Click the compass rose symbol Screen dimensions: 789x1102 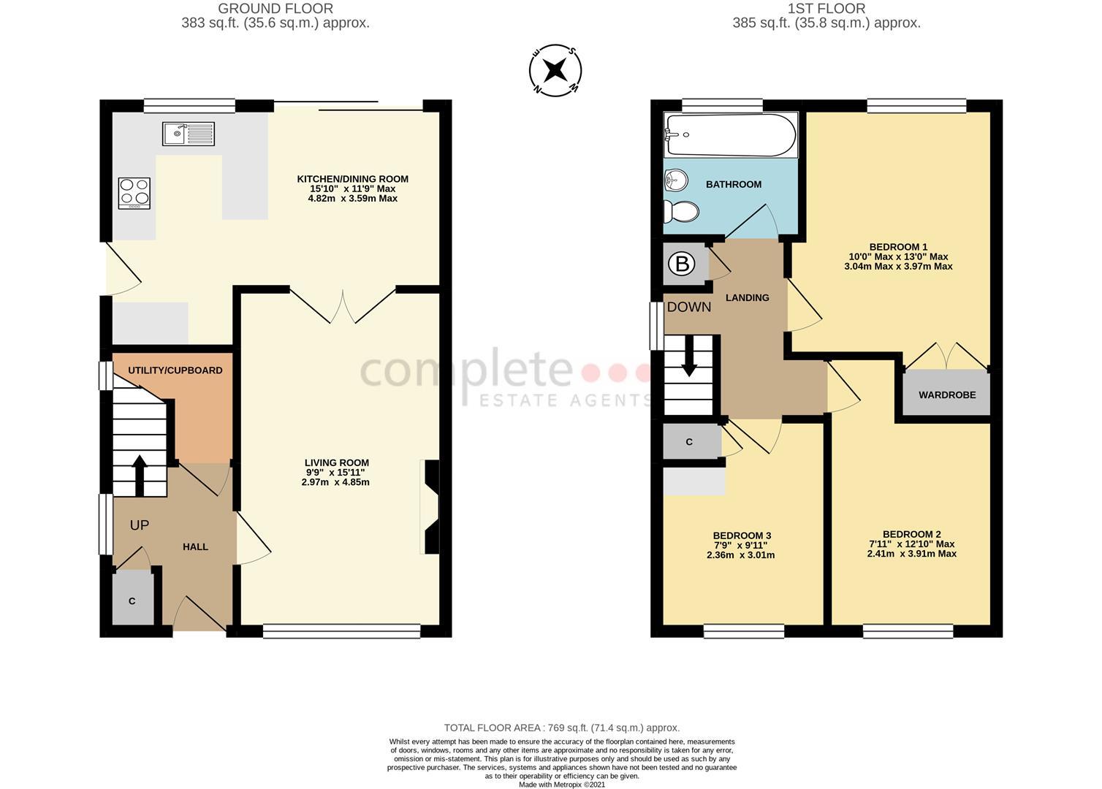point(555,71)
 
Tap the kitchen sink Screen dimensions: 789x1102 point(189,134)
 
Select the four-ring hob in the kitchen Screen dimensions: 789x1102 point(134,194)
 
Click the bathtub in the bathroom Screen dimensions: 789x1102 point(730,135)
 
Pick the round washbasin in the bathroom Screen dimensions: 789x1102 point(676,180)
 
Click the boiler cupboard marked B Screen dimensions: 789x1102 point(683,264)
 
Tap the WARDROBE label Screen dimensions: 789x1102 point(947,395)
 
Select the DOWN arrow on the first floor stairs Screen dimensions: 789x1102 point(688,361)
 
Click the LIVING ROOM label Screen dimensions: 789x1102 point(336,462)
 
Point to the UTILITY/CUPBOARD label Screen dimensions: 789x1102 point(175,370)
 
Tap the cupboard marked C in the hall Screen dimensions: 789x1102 point(132,600)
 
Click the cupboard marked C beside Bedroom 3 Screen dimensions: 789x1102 point(690,442)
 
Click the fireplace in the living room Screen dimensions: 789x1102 point(431,507)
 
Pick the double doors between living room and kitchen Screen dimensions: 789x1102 point(343,305)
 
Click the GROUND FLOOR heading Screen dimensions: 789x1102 point(275,9)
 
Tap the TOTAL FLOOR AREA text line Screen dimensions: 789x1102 point(561,728)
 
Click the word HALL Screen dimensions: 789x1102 point(195,546)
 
